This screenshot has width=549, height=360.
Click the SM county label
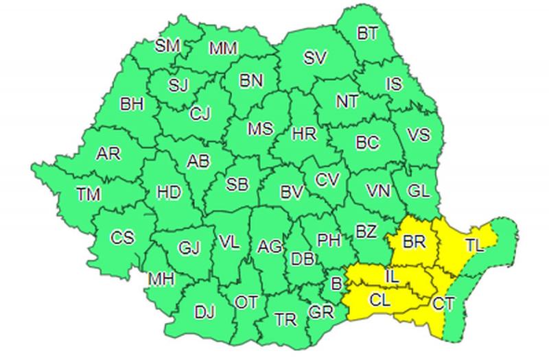coord(167,45)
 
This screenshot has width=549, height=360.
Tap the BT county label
coord(369,33)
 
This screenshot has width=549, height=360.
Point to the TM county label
coord(89,194)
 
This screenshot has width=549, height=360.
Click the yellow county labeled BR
coord(414,242)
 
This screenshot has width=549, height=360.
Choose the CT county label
coord(443,302)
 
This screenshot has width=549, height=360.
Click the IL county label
coord(390,276)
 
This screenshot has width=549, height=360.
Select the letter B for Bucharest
coord(336,283)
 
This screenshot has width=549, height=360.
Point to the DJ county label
coord(204,313)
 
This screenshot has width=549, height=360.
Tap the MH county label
coord(162,280)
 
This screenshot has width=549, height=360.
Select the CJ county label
coord(200,112)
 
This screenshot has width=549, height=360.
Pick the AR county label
coord(108,154)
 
